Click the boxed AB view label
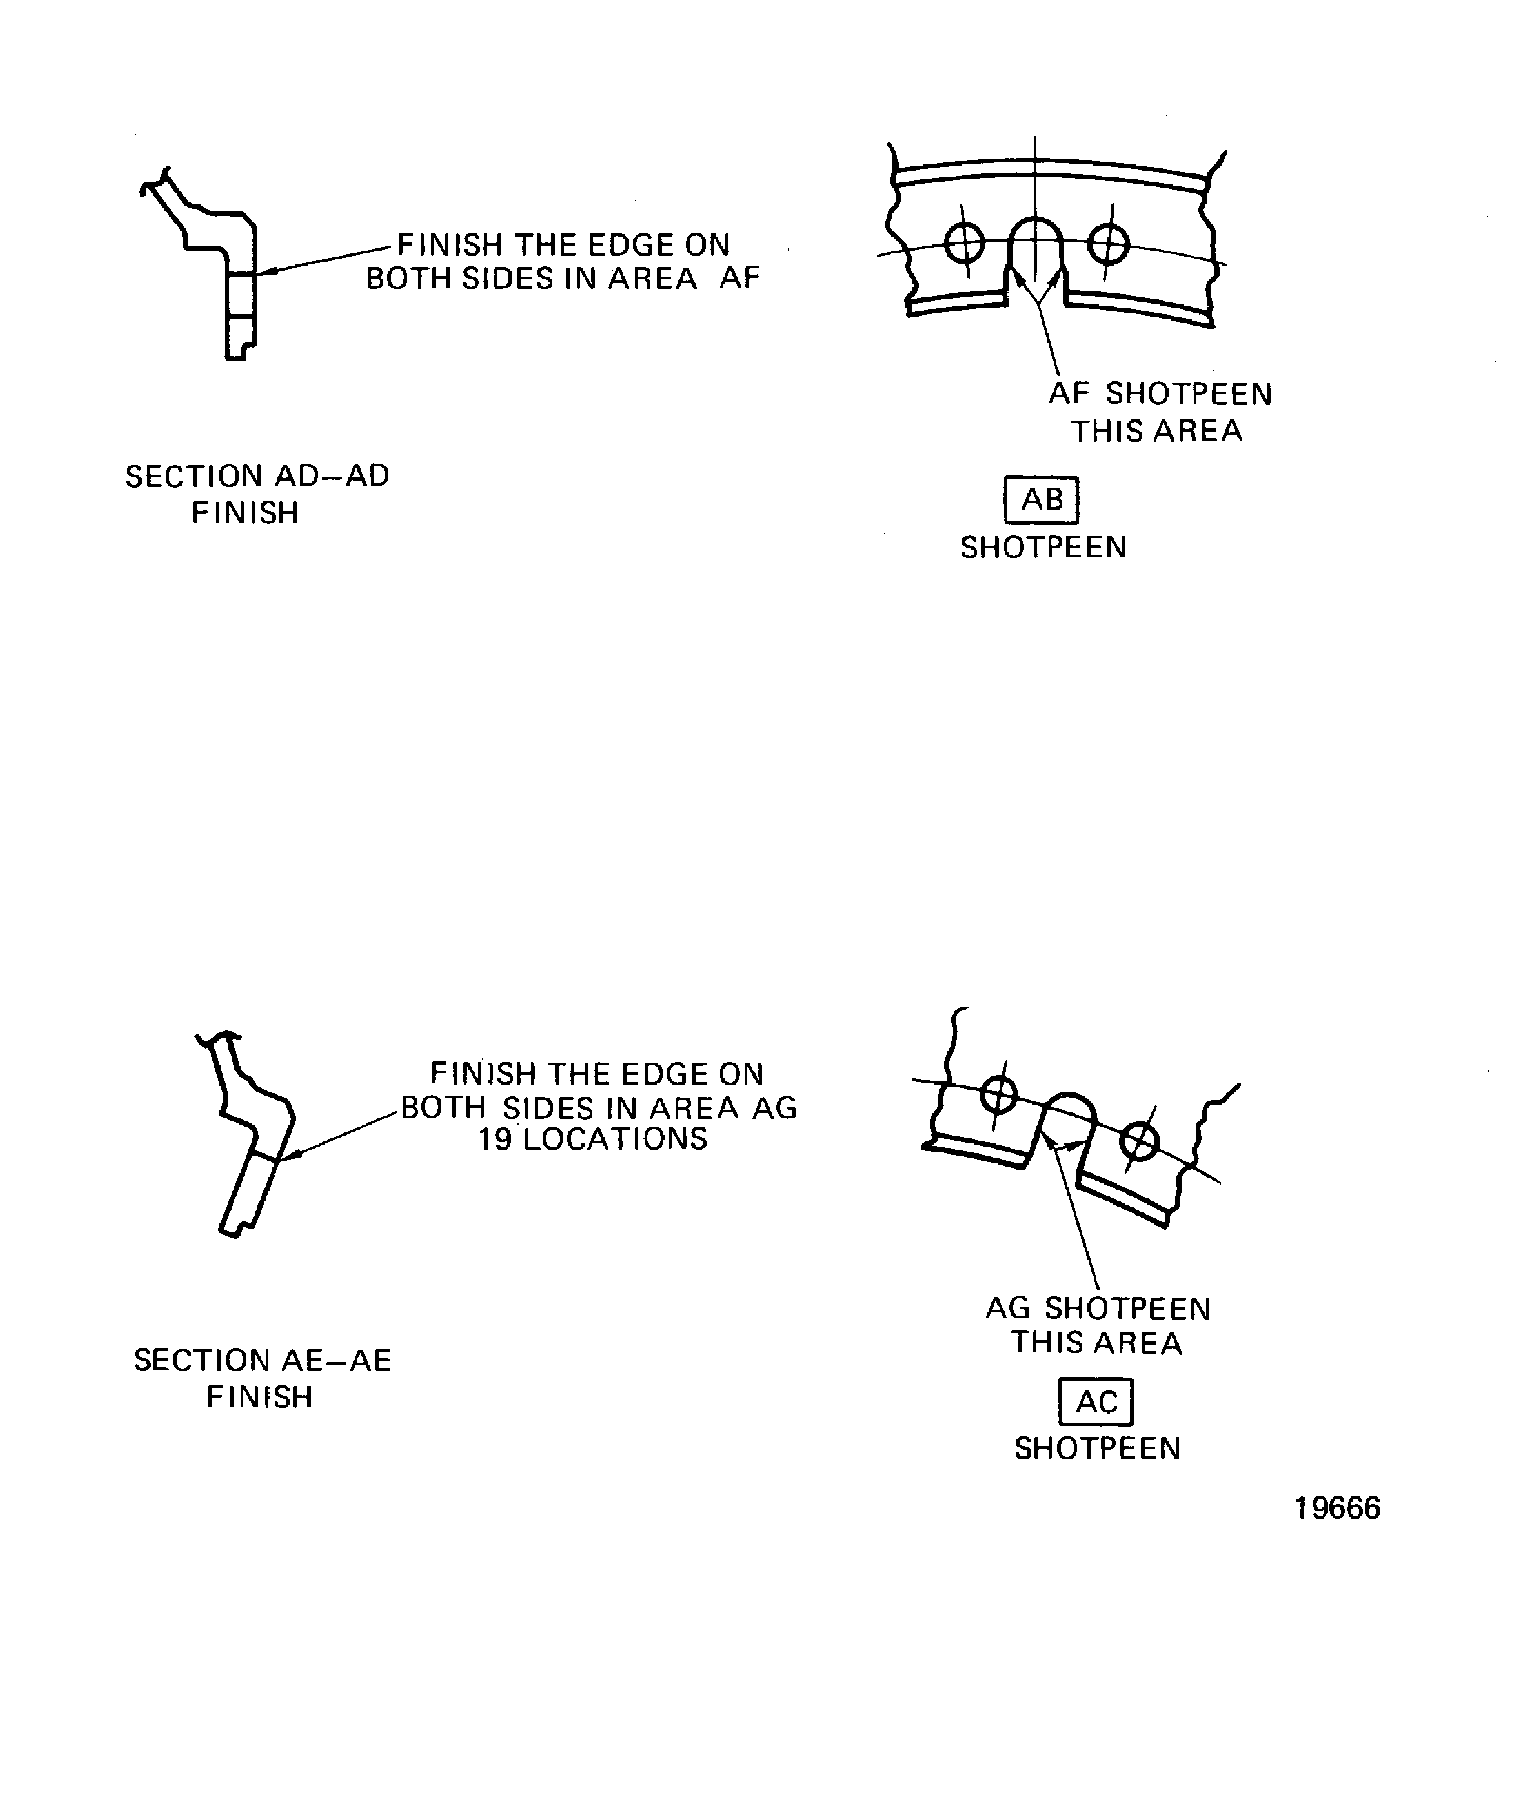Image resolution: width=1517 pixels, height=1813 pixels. pos(1041,500)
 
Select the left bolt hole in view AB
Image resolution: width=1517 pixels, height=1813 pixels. pos(965,243)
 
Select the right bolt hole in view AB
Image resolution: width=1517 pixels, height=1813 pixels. pos(1109,243)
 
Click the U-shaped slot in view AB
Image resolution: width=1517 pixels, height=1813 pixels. pos(1036,251)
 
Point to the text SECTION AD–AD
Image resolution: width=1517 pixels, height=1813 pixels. pos(257,476)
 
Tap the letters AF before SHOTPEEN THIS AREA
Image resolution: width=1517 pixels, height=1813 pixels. pos(1069,394)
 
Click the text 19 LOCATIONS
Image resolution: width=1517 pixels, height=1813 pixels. pos(593,1140)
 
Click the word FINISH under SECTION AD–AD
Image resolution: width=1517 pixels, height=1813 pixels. pos(245,513)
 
